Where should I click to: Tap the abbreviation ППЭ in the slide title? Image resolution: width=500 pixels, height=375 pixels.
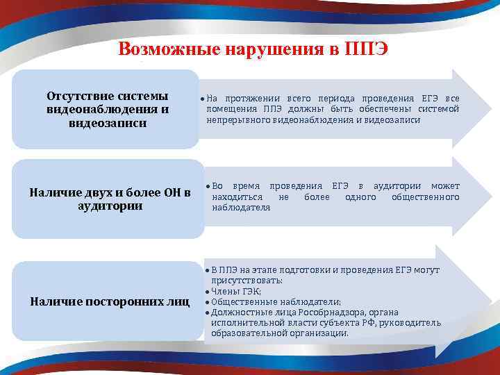pos(366,49)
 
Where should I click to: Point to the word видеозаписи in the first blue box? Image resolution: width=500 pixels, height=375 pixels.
pos(107,123)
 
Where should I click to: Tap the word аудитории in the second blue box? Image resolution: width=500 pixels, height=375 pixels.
pos(108,206)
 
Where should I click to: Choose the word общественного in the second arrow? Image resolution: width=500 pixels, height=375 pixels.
pos(425,197)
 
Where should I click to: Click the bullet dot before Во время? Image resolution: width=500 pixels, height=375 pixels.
pos(208,187)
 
